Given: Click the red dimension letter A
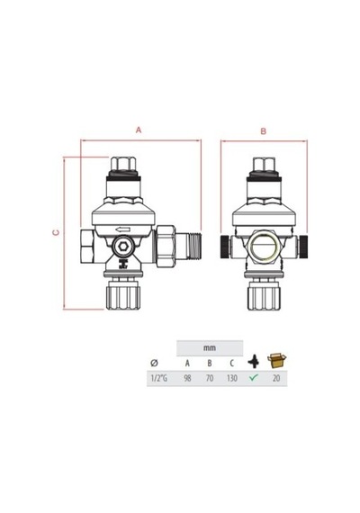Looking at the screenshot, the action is (x=139, y=130).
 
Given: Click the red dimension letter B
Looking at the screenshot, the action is (x=264, y=131).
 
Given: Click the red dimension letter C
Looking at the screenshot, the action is (x=57, y=232).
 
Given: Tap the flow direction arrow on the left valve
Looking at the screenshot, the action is (x=123, y=229).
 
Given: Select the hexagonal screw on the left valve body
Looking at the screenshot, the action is (x=123, y=247).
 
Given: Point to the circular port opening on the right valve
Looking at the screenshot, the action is (x=264, y=246).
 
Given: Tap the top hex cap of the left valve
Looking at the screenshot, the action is (x=123, y=164).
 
